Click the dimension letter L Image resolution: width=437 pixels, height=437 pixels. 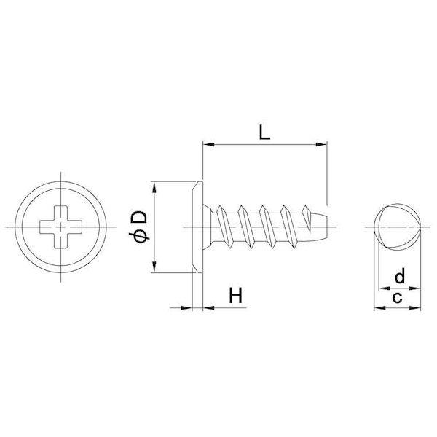pos(264,132)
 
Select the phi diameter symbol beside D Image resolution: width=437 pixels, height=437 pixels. pos(139,236)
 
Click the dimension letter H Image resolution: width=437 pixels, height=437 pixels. pos(236,295)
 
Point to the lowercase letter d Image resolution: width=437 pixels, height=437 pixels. pos(400,275)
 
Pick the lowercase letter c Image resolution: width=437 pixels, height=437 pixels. pos(397,298)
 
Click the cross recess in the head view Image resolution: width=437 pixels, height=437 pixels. pos(60,227)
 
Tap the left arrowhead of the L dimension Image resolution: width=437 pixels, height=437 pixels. pos(209,145)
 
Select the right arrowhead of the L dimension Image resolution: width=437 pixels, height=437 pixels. pos(320,145)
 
